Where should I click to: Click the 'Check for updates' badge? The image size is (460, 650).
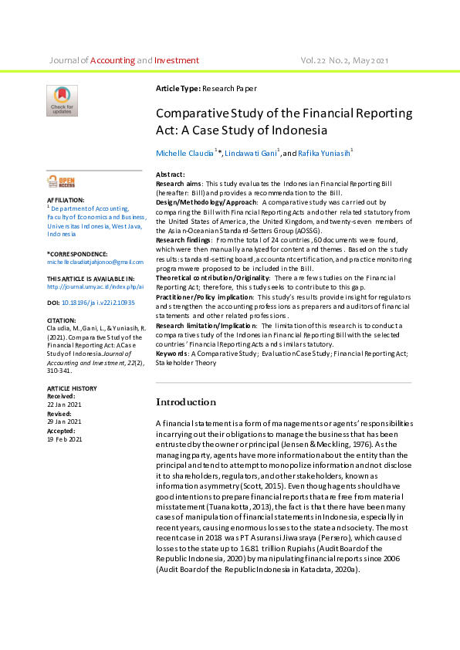point(62,100)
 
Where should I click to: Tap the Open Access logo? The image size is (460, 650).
point(61,182)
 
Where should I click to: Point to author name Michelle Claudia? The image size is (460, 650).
point(185,154)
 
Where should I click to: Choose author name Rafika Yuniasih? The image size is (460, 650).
point(323,154)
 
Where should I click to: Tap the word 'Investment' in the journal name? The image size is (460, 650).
point(177,60)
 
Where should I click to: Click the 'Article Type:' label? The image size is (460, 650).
point(178,90)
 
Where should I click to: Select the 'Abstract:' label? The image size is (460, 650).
point(171,175)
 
